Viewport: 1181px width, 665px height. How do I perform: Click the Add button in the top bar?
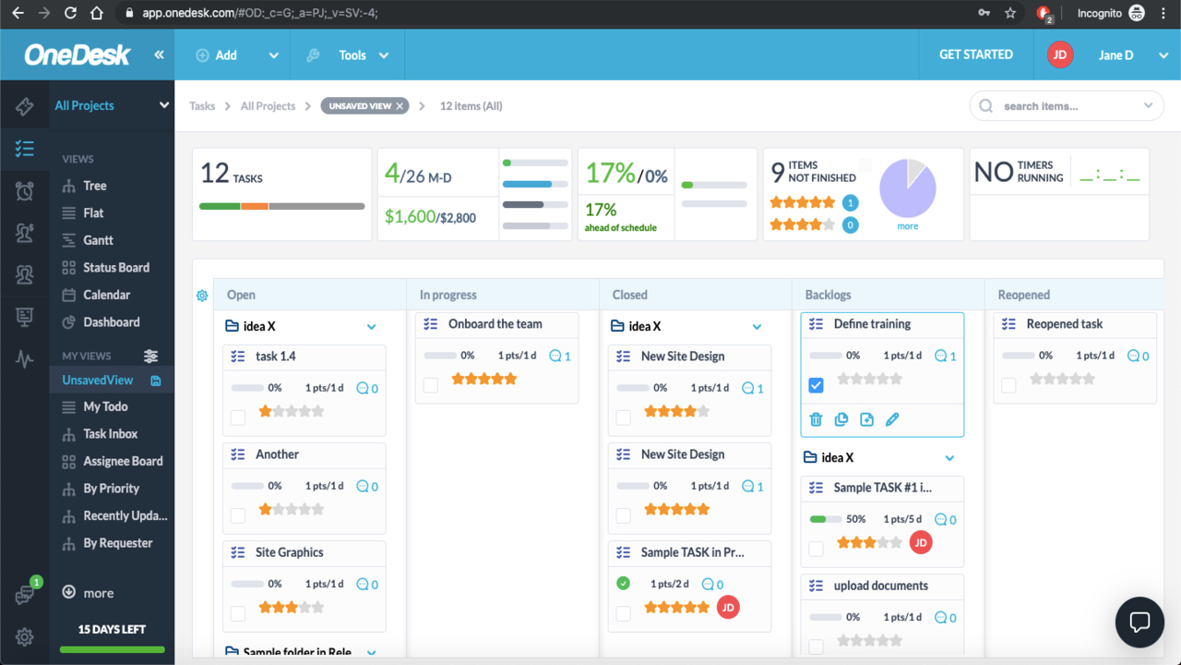point(218,55)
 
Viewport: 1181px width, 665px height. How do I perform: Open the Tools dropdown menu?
point(352,55)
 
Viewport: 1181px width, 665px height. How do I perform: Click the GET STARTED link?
point(975,54)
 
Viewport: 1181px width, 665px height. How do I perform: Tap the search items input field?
point(1066,106)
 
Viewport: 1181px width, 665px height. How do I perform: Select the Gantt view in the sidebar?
point(98,240)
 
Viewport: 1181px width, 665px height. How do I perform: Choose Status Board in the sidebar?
point(115,268)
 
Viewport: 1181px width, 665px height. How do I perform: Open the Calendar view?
point(106,295)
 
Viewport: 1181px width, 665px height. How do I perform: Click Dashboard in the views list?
point(111,322)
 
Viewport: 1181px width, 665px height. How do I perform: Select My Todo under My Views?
point(105,406)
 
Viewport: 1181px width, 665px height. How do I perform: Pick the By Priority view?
point(111,489)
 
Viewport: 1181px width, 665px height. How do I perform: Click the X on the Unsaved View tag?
point(400,106)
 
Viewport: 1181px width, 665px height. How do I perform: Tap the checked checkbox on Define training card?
point(816,385)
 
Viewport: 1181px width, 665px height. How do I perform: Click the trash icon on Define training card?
point(816,419)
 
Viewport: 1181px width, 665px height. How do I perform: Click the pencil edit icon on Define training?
point(892,419)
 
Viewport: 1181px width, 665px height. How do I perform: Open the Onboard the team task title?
point(495,324)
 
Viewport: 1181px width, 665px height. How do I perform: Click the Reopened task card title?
point(1064,324)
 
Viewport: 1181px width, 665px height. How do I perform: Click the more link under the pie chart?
point(907,226)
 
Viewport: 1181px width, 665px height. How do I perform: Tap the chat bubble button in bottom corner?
point(1139,622)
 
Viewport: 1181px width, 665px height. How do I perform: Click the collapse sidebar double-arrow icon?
point(159,55)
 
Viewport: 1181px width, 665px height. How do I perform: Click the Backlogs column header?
point(828,295)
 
